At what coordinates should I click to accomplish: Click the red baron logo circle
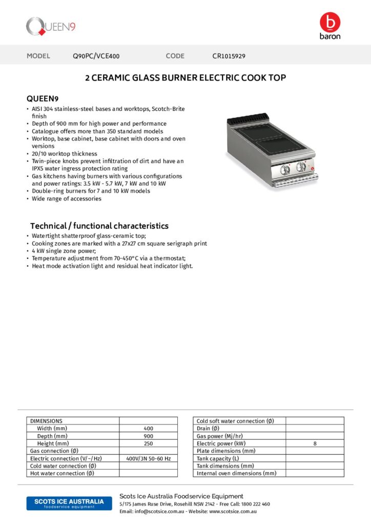(x=329, y=22)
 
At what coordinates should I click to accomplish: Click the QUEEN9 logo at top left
(x=51, y=26)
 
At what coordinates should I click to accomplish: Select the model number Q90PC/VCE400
(x=96, y=56)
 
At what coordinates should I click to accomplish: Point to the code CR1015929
(x=229, y=56)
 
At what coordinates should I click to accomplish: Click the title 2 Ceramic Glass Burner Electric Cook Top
(x=185, y=78)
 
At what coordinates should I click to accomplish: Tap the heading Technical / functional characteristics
(x=99, y=226)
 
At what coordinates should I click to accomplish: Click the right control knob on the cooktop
(x=301, y=167)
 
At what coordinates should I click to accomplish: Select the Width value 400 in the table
(x=149, y=428)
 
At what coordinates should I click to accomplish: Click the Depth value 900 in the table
(x=149, y=436)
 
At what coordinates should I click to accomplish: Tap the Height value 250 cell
(x=149, y=443)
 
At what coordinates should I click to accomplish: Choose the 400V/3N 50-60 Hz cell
(x=149, y=458)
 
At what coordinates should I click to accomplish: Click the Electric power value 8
(x=315, y=443)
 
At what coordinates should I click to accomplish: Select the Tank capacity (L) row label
(x=218, y=458)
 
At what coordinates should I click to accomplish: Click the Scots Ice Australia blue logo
(x=65, y=503)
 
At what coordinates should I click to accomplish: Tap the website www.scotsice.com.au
(x=233, y=511)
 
